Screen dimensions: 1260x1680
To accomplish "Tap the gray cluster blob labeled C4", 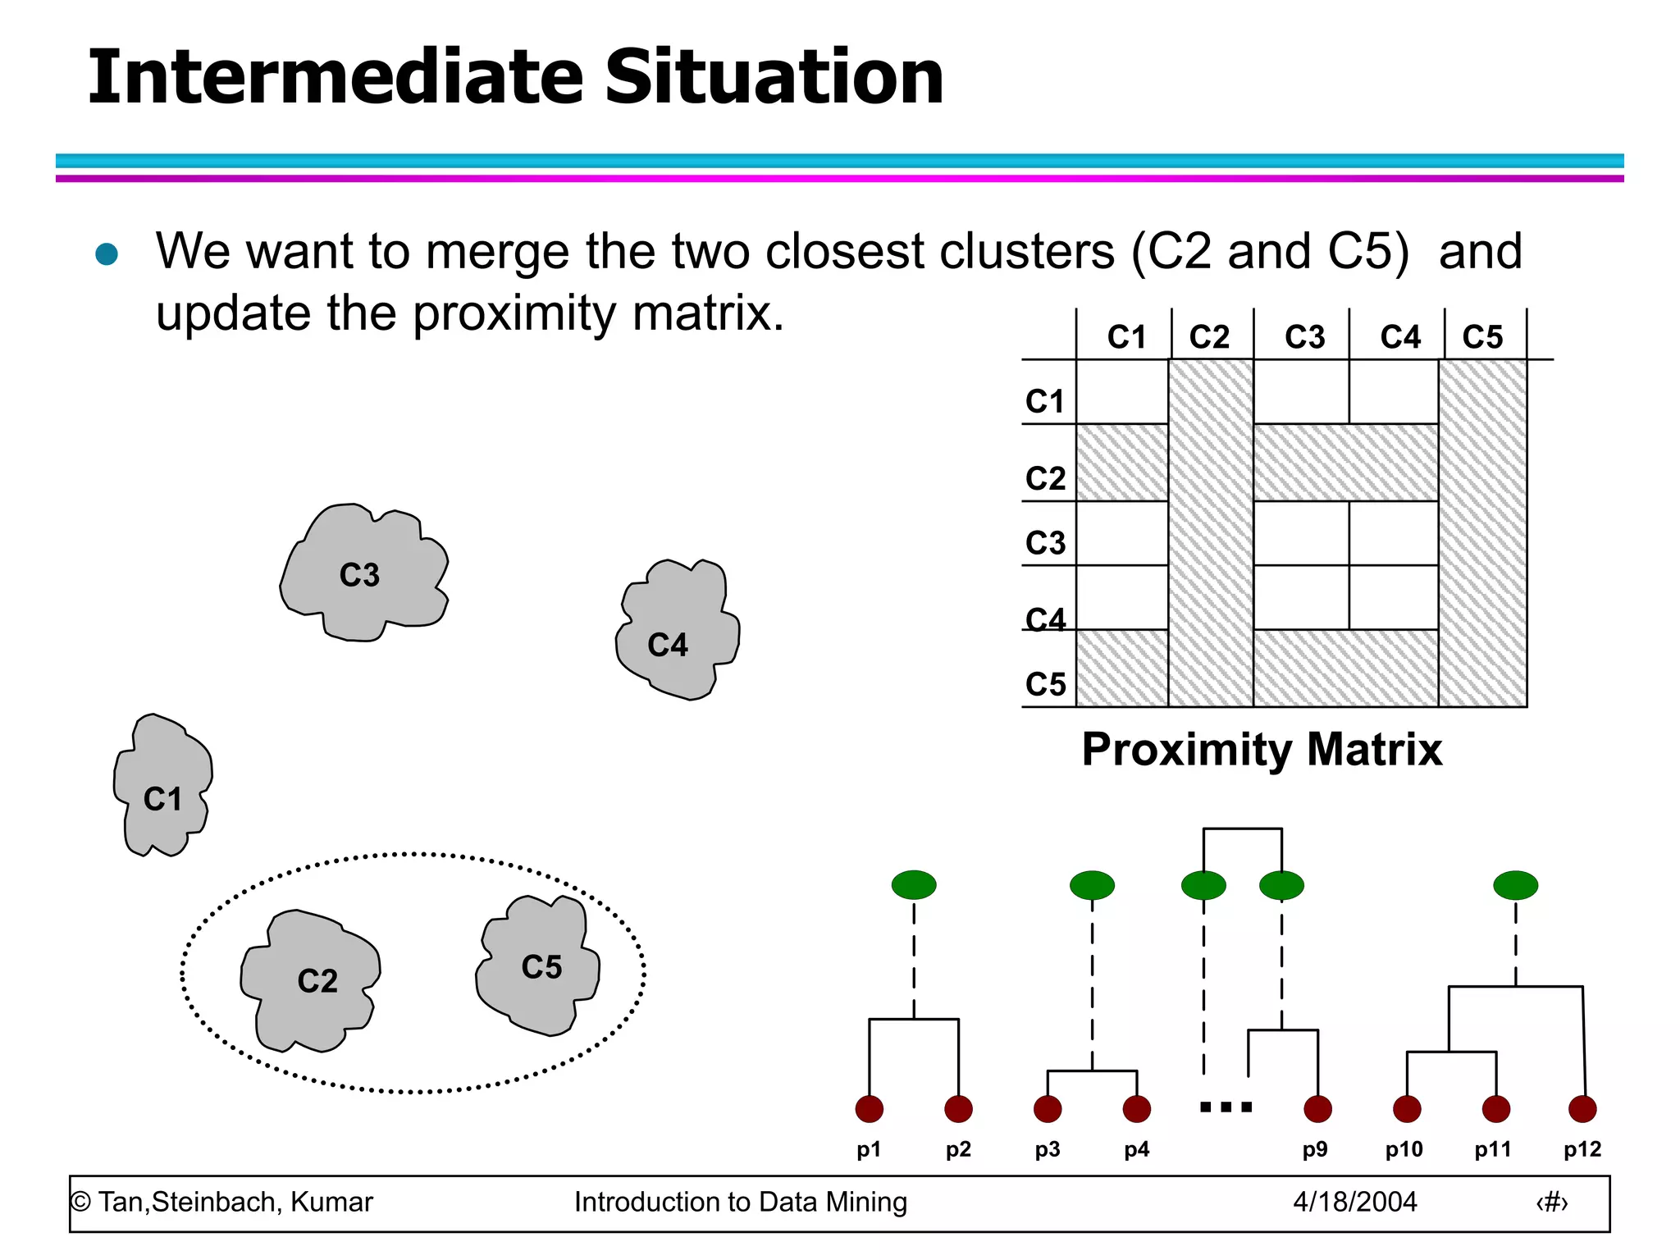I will coord(677,632).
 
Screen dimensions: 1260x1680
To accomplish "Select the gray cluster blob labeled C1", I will coord(162,787).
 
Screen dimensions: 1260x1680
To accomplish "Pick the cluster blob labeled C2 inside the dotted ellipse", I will coord(312,980).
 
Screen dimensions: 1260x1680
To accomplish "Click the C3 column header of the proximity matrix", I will coord(1304,336).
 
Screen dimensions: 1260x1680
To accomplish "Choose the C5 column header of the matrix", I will coord(1482,336).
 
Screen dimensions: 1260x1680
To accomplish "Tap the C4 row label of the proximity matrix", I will coord(1045,619).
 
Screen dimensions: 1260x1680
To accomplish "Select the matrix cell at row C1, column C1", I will coord(1121,392).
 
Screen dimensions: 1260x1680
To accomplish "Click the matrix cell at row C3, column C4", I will coord(1393,533).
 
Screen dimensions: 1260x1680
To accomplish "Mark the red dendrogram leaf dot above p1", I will coord(869,1109).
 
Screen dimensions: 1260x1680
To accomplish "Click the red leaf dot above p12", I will coord(1582,1109).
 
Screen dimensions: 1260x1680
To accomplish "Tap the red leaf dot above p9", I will coord(1317,1109).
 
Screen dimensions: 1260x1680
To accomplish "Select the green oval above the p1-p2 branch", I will coord(914,885).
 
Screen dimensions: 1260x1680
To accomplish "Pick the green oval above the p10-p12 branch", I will coord(1515,885).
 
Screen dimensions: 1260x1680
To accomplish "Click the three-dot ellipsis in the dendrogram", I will coord(1226,1107).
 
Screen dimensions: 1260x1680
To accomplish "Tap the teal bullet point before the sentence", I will coord(107,253).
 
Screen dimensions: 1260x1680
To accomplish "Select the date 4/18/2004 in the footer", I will coord(1354,1202).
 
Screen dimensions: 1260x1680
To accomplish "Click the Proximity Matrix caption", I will coord(1261,749).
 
